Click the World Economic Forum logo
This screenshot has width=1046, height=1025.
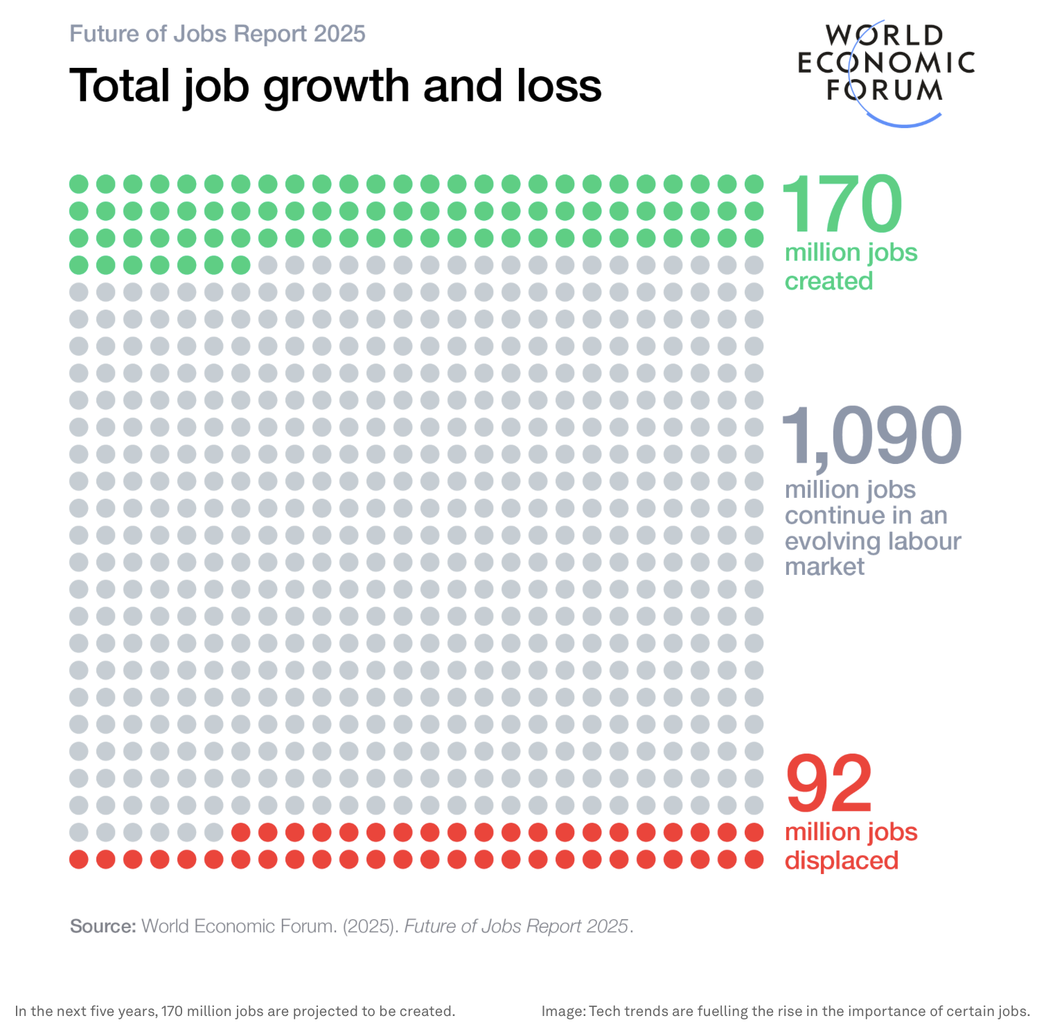point(886,69)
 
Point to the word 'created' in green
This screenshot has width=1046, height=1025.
point(828,281)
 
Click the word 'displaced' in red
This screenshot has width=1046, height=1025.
point(842,860)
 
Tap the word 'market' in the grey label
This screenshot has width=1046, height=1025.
point(824,567)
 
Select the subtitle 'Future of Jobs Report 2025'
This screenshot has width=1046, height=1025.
point(218,34)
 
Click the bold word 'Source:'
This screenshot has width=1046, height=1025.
point(103,926)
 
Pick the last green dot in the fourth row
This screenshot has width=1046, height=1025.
point(240,265)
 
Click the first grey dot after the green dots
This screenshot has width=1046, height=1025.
point(267,265)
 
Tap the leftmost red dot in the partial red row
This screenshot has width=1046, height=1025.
point(240,832)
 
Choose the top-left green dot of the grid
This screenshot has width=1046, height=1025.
point(79,184)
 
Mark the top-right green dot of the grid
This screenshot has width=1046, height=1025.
point(754,184)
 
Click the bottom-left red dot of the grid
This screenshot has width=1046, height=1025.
point(79,859)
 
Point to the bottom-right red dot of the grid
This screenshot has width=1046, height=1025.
point(754,859)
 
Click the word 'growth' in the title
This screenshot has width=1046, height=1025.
point(337,87)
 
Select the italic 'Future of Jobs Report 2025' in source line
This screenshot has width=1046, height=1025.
point(516,926)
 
